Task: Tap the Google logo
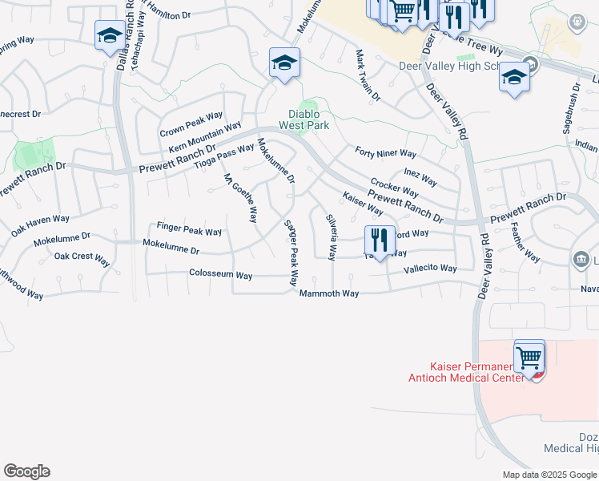26,471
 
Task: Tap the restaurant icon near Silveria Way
379,240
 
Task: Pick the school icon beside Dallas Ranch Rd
110,35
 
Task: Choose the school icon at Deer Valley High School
513,79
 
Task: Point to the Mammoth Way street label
329,294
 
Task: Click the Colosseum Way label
220,275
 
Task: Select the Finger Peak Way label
189,231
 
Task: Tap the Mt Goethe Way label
240,197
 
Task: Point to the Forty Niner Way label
386,153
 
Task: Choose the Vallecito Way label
430,269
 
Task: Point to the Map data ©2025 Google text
549,475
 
